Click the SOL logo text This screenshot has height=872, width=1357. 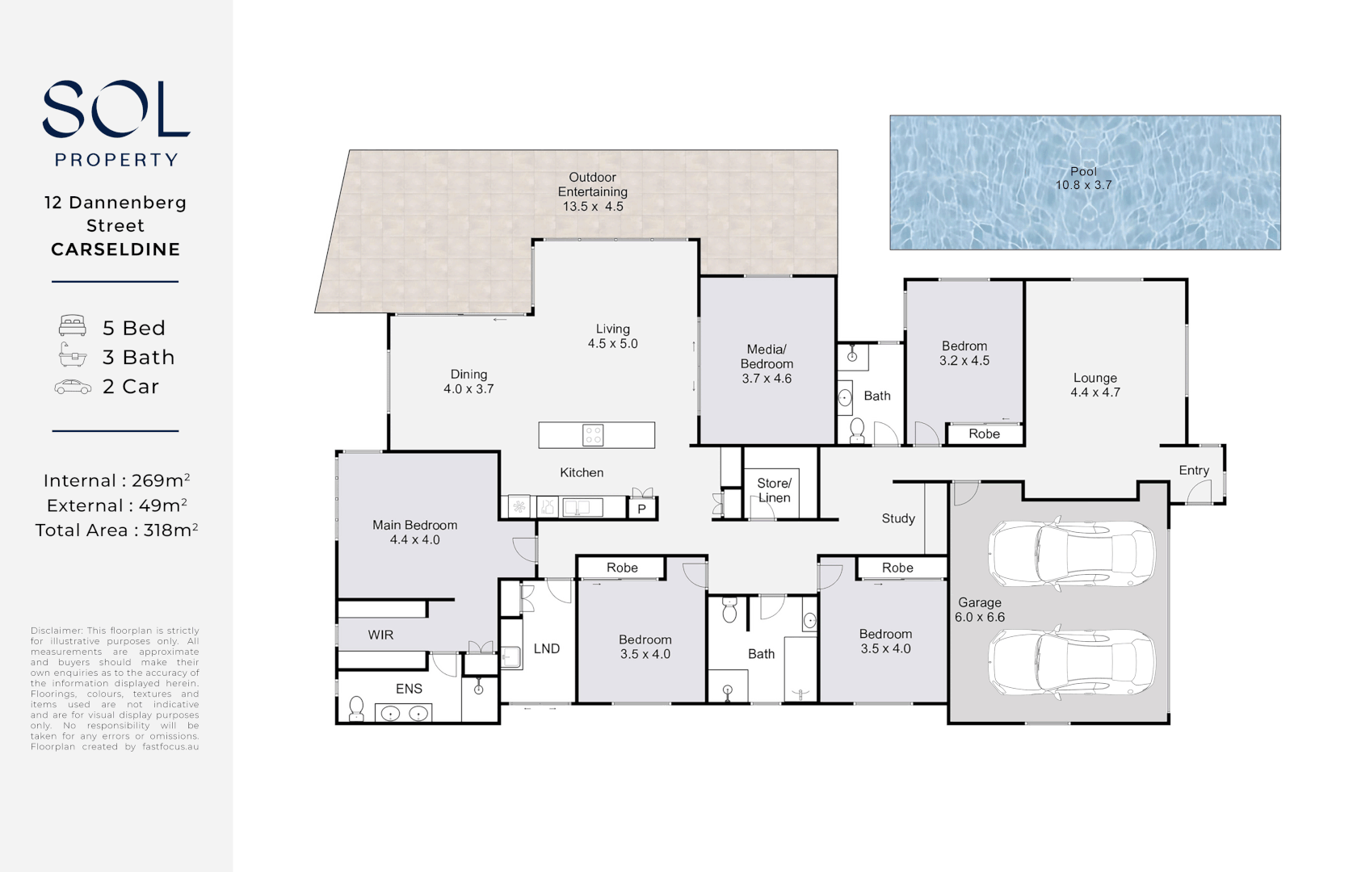tap(116, 109)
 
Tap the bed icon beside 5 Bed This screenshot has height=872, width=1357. tap(73, 327)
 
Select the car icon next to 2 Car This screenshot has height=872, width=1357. tap(73, 387)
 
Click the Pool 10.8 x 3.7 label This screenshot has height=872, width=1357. tap(1083, 178)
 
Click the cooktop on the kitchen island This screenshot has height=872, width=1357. tap(593, 435)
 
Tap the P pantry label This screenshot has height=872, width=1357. tap(642, 509)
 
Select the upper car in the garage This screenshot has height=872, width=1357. tap(1071, 553)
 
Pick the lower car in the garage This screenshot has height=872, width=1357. tap(1071, 661)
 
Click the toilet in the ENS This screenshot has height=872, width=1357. tap(355, 709)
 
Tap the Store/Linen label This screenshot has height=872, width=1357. tap(774, 490)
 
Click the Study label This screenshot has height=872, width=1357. tap(898, 518)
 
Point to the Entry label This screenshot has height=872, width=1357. tap(1193, 470)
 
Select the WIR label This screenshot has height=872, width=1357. tap(380, 635)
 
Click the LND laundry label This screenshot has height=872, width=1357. tap(547, 648)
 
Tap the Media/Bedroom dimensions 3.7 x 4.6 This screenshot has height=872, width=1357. tap(767, 379)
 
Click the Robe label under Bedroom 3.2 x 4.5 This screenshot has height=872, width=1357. tap(984, 434)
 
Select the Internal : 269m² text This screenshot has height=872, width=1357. tap(116, 480)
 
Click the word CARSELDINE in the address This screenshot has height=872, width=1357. tap(116, 249)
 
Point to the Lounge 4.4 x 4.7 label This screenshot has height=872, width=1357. tap(1094, 385)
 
